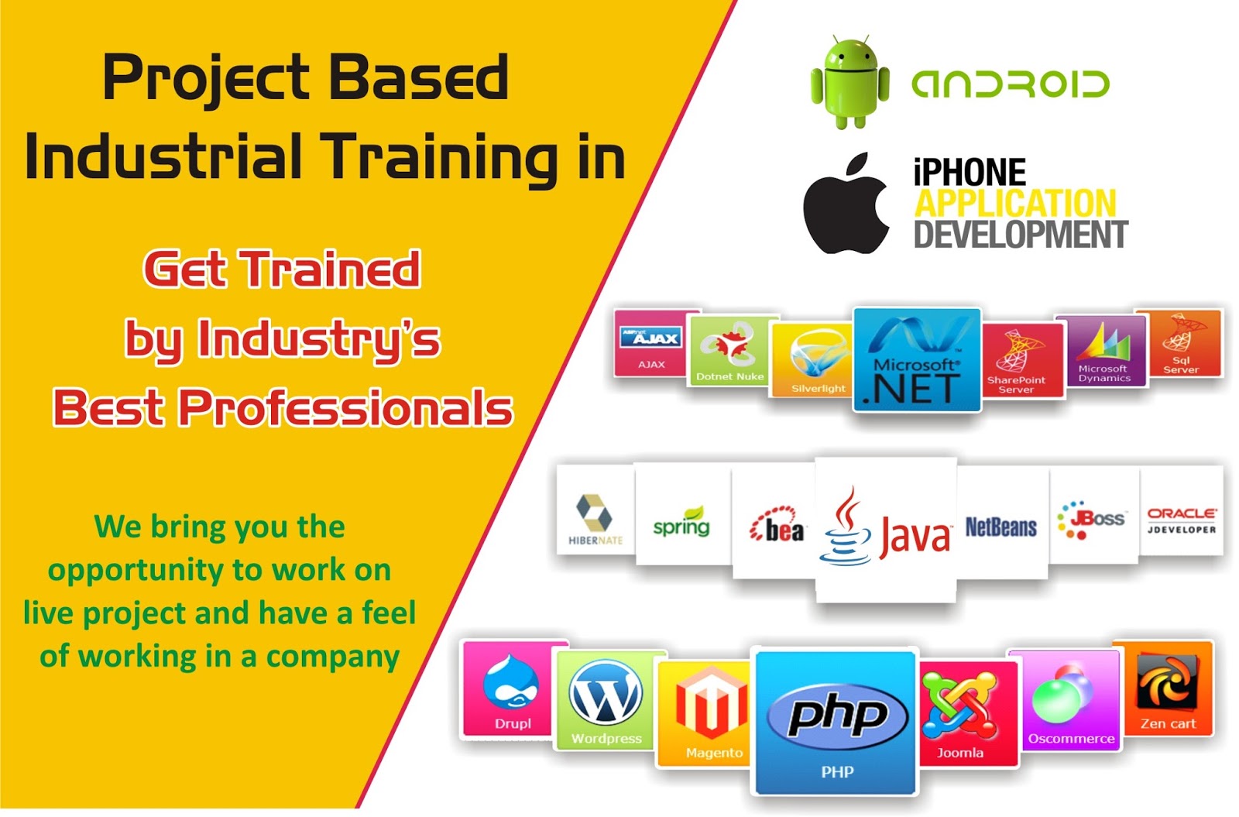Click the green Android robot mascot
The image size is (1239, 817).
pyautogui.click(x=849, y=82)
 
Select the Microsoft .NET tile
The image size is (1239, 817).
pyautogui.click(x=917, y=359)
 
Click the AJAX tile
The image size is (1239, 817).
pyautogui.click(x=651, y=343)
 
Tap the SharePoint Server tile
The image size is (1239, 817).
pyautogui.click(x=1021, y=360)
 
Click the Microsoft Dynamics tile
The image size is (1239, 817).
pyautogui.click(x=1103, y=350)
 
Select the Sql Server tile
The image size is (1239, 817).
pyautogui.click(x=1180, y=343)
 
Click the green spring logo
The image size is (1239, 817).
pyautogui.click(x=681, y=522)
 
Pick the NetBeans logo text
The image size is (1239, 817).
pyautogui.click(x=1000, y=527)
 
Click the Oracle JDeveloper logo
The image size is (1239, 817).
pyautogui.click(x=1181, y=520)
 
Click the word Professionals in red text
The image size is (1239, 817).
pyautogui.click(x=346, y=408)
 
